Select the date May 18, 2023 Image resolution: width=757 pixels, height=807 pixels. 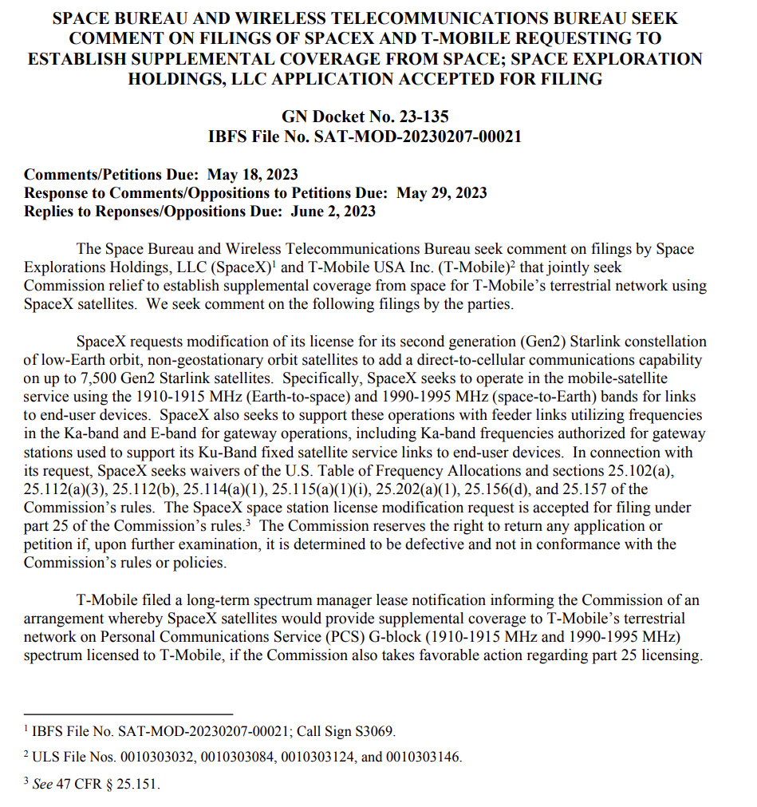click(253, 175)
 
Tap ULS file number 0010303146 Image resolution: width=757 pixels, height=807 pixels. click(424, 757)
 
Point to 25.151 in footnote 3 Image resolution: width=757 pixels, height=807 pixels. click(136, 784)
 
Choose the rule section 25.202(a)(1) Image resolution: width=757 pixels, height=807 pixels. click(408, 489)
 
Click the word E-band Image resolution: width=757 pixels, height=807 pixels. click(173, 433)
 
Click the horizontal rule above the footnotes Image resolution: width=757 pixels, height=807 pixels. click(128, 713)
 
